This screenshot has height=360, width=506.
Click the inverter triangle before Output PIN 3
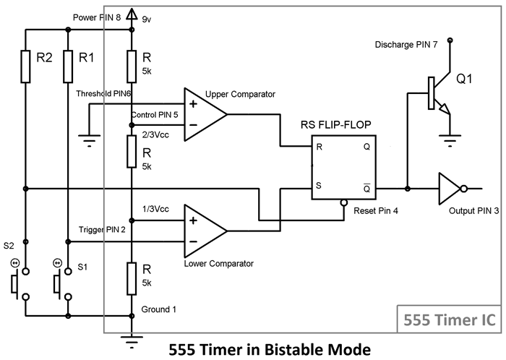click(450, 189)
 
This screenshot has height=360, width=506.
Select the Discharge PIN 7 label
click(406, 44)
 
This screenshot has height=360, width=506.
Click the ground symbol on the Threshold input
click(88, 141)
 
